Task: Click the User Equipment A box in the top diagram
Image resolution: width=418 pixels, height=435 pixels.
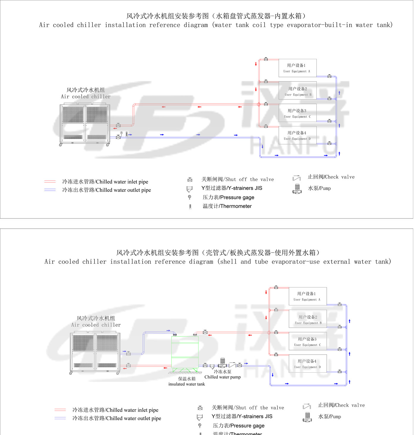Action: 297,68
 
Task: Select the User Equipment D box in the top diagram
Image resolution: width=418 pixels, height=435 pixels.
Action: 297,135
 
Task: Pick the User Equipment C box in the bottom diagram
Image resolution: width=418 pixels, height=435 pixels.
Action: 308,341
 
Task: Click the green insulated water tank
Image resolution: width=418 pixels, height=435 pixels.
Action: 185,352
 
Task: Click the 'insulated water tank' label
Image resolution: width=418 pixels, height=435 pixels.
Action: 187,384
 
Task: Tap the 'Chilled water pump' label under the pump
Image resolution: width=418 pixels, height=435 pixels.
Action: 223,377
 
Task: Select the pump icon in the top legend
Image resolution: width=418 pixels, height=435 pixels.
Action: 297,189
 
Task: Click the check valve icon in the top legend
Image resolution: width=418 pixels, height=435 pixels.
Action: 296,178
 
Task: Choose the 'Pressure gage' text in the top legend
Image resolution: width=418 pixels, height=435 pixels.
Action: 228,197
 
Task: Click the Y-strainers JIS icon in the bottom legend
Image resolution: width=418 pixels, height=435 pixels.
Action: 200,417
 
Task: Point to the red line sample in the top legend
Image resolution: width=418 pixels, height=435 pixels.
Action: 50,181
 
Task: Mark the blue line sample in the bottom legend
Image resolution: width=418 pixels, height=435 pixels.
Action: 60,418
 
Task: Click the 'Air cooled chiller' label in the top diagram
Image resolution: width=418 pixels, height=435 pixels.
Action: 86,97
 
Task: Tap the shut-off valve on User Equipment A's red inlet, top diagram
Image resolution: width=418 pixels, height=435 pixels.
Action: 266,59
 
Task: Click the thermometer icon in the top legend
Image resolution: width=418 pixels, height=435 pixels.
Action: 190,207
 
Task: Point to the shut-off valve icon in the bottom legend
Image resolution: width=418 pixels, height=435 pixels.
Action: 200,408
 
